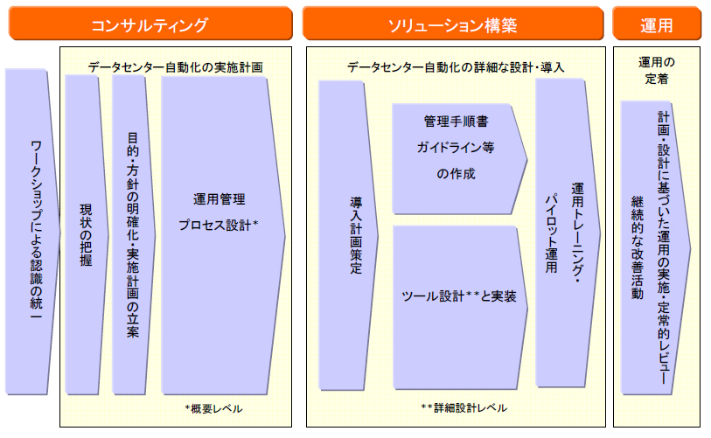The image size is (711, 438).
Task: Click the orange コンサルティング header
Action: tap(150, 24)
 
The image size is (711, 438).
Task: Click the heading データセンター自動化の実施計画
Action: tap(175, 66)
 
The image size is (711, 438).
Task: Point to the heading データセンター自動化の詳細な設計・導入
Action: tap(455, 66)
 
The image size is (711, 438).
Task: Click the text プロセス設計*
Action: tap(219, 225)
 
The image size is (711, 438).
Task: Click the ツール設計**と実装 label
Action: tap(458, 296)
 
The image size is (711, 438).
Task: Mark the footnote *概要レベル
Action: tap(213, 408)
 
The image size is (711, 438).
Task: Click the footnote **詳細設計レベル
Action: tap(464, 408)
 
